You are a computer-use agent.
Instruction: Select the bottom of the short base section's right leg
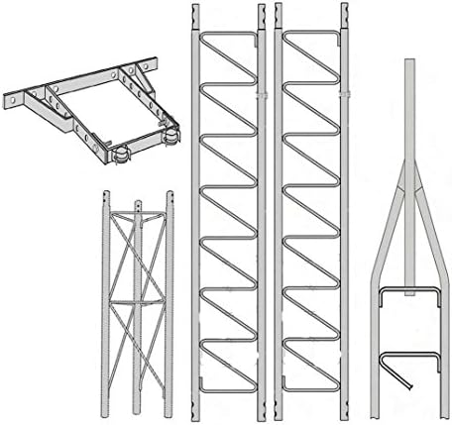(x=169, y=411)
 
